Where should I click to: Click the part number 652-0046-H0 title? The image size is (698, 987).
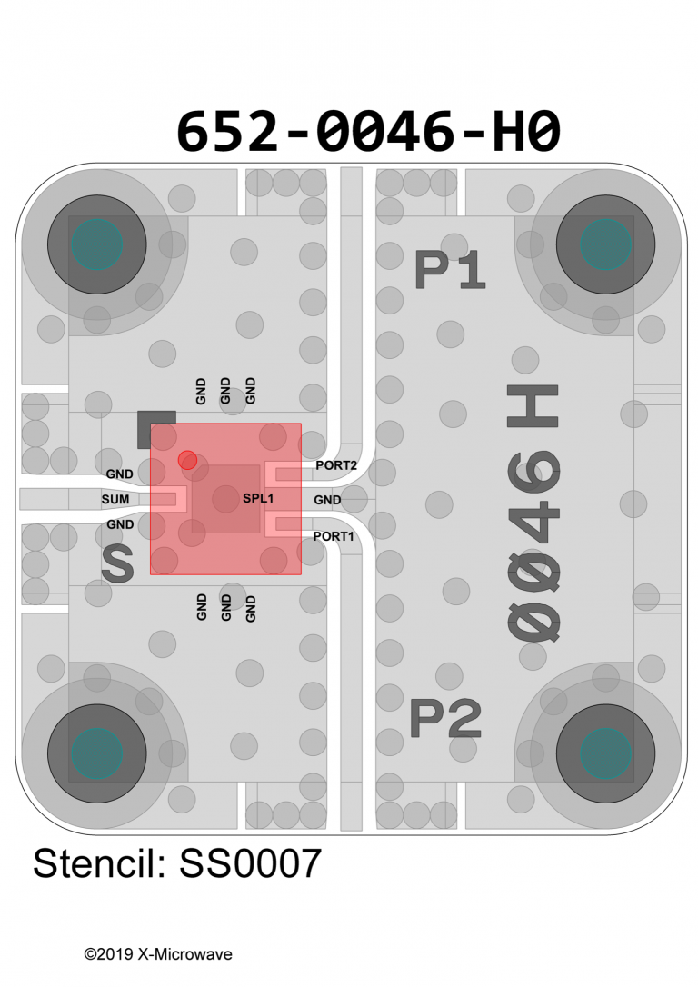click(368, 131)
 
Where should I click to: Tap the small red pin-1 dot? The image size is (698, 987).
click(187, 460)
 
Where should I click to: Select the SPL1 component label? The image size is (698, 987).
click(258, 499)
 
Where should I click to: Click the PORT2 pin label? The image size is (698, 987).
click(336, 465)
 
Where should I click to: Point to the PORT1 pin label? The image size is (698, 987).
click(334, 536)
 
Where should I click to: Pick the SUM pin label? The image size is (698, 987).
click(115, 499)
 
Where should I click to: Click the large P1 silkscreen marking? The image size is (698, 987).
click(450, 270)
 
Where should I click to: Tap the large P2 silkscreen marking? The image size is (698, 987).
click(445, 718)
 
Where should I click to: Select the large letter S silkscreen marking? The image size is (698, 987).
click(118, 563)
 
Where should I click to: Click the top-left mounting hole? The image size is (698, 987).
click(97, 244)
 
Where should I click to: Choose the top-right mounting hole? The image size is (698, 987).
click(605, 244)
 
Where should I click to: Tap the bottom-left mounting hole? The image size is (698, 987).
click(97, 753)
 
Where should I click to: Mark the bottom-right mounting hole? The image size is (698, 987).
click(605, 753)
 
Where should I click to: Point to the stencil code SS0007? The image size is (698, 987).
click(251, 863)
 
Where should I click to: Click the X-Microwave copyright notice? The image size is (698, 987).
click(158, 954)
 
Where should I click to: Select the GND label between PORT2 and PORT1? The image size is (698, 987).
click(327, 500)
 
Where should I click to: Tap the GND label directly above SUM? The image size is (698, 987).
click(120, 474)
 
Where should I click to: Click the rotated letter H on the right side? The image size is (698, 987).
click(533, 406)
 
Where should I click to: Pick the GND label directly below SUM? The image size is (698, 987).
click(120, 524)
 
